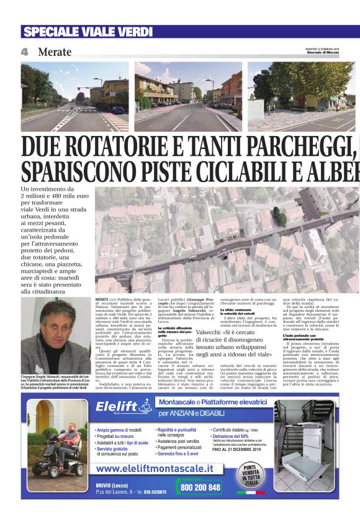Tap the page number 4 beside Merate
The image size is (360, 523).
click(24, 52)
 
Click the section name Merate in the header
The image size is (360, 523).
click(55, 52)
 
